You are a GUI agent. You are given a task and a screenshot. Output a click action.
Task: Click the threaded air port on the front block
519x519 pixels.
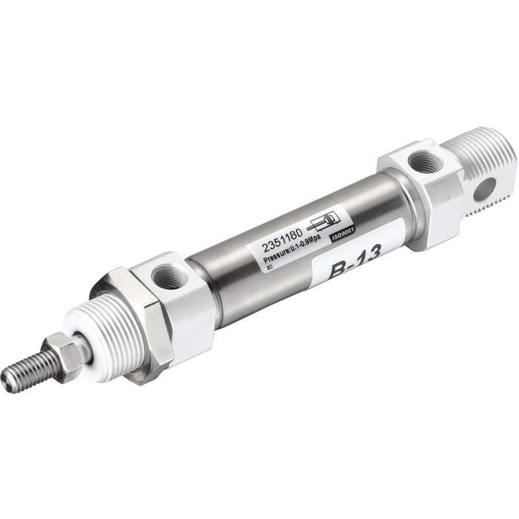[x=169, y=277]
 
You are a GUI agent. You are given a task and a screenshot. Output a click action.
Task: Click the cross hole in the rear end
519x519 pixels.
[x=483, y=189]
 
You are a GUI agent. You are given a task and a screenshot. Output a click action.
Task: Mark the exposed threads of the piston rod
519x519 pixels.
[x=29, y=370]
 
